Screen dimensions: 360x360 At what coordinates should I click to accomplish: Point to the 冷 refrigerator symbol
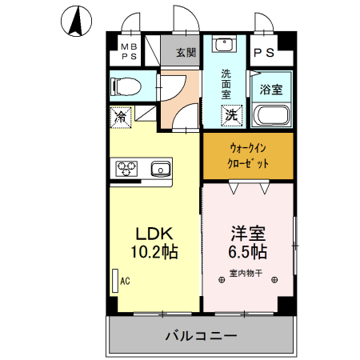(120, 117)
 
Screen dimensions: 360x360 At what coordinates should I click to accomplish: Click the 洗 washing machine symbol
(230, 115)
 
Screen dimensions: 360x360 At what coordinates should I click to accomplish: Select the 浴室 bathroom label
(271, 90)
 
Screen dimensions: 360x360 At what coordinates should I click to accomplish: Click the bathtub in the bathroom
(272, 118)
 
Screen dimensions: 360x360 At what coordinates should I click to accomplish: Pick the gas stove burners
(128, 168)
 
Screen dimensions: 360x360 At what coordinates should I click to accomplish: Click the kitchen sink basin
(160, 168)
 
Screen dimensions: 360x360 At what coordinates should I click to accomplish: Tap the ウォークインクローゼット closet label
(248, 155)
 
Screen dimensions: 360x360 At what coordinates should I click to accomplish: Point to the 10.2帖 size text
(154, 251)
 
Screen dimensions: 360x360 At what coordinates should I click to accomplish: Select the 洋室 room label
(248, 234)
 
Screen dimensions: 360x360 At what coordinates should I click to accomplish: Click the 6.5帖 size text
(248, 251)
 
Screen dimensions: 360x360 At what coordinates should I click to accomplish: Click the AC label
(125, 281)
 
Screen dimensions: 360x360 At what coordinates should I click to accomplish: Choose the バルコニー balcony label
(201, 335)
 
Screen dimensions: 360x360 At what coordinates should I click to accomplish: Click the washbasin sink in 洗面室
(225, 46)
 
